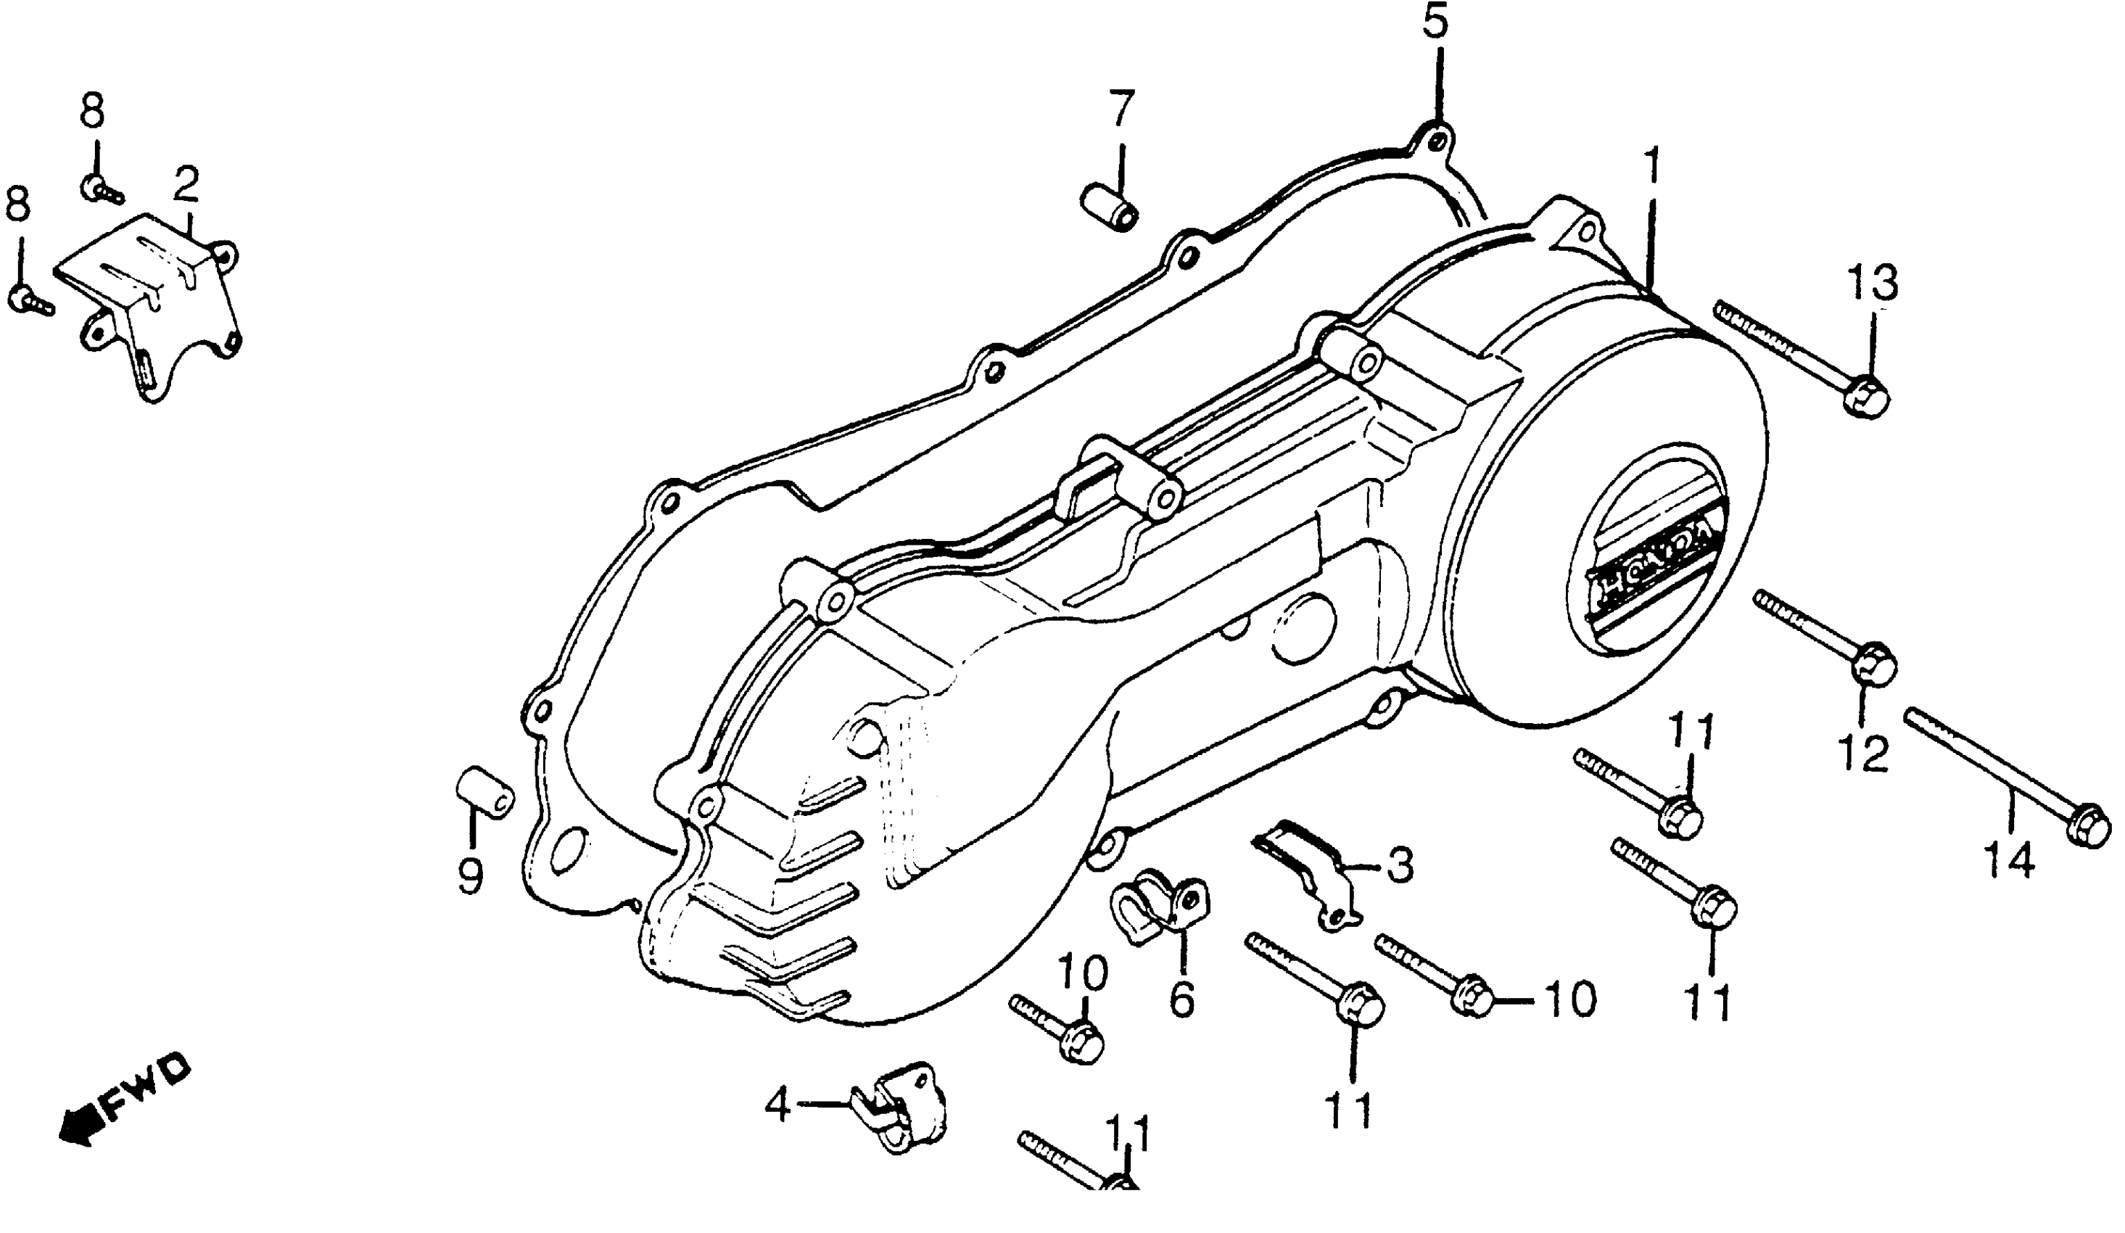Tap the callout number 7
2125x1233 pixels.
(1121, 107)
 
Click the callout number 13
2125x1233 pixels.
(1874, 283)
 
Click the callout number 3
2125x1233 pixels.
(1400, 865)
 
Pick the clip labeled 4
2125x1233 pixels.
(902, 1105)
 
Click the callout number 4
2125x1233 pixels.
(777, 1103)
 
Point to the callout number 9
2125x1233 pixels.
(470, 875)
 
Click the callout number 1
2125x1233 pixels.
(1650, 166)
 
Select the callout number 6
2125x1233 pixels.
(1181, 999)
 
